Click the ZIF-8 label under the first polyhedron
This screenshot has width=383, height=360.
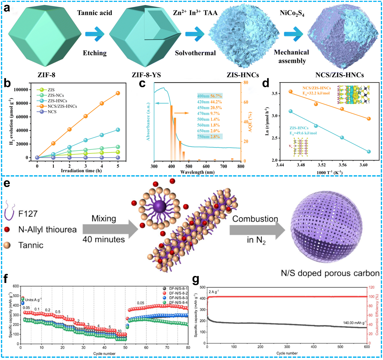46,75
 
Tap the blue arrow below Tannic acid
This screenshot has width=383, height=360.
94,33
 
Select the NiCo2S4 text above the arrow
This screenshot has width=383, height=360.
292,13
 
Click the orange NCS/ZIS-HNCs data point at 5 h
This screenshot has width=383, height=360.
118,93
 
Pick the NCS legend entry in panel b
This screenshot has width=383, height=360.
52,112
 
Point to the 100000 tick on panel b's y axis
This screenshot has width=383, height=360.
20,90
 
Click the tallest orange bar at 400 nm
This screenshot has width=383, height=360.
171,133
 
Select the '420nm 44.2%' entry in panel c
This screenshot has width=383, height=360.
209,102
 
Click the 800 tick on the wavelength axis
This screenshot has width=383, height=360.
241,166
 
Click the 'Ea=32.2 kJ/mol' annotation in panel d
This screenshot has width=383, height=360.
316,93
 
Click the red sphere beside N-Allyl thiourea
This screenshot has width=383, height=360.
8,230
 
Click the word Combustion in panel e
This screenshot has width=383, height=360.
255,219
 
